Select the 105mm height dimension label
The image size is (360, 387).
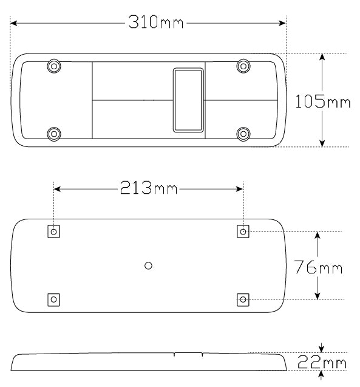(x=322, y=101)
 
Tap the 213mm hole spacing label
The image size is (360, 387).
(x=148, y=188)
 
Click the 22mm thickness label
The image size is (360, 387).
(x=322, y=363)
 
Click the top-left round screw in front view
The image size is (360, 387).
(x=54, y=65)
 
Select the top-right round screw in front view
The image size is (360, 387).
(x=243, y=65)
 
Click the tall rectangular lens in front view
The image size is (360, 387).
(x=188, y=100)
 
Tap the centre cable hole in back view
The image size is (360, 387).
(x=149, y=265)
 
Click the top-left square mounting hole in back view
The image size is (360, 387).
(x=54, y=231)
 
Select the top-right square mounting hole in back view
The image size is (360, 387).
(x=243, y=231)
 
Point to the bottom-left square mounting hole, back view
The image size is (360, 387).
(x=54, y=299)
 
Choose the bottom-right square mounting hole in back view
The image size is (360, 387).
(x=243, y=299)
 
